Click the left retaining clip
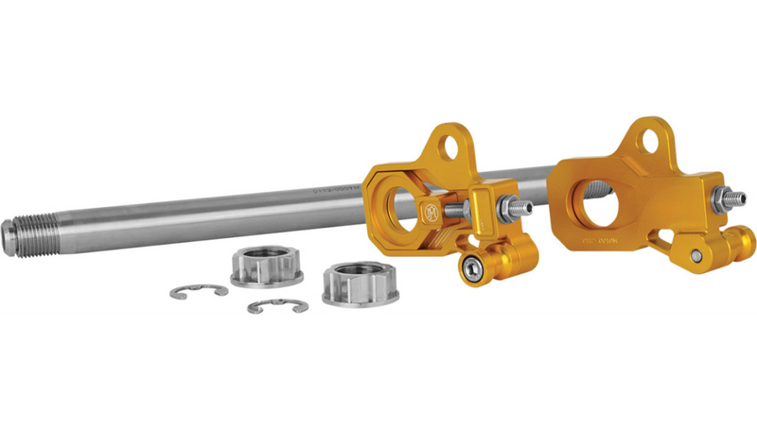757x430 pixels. coord(199,291)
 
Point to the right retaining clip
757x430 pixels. coord(274,307)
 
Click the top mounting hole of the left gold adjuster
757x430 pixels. coord(451,147)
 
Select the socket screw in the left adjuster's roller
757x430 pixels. coord(469,269)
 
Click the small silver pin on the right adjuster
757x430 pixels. coord(696,256)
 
